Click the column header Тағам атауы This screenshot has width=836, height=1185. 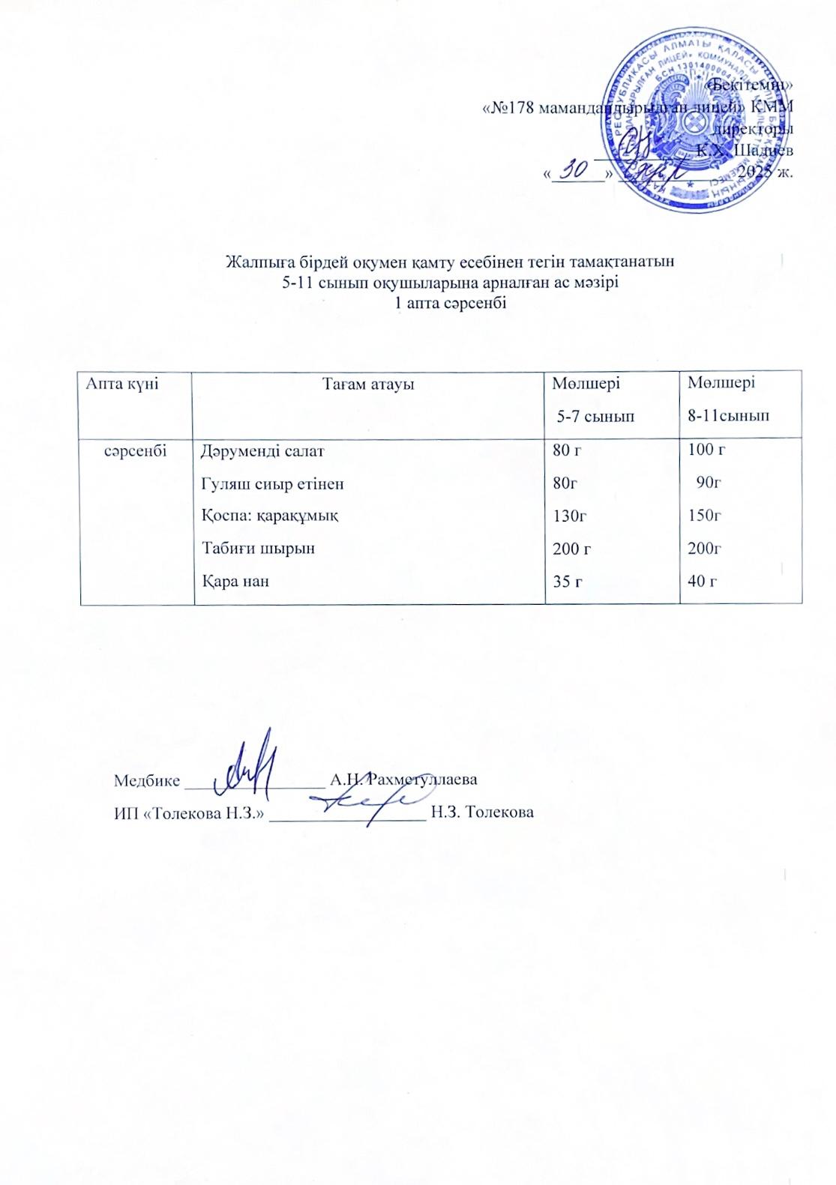point(368,385)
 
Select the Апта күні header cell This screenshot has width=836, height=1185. point(123,384)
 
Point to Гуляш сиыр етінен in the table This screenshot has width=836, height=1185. point(273,483)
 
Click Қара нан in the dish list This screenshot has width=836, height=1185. point(235,580)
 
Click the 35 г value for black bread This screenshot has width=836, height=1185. point(568,580)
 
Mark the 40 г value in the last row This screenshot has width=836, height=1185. point(703,580)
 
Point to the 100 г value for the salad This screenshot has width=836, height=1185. point(706,450)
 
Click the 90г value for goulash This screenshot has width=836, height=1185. point(708,483)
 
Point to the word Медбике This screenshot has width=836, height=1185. point(147,780)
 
